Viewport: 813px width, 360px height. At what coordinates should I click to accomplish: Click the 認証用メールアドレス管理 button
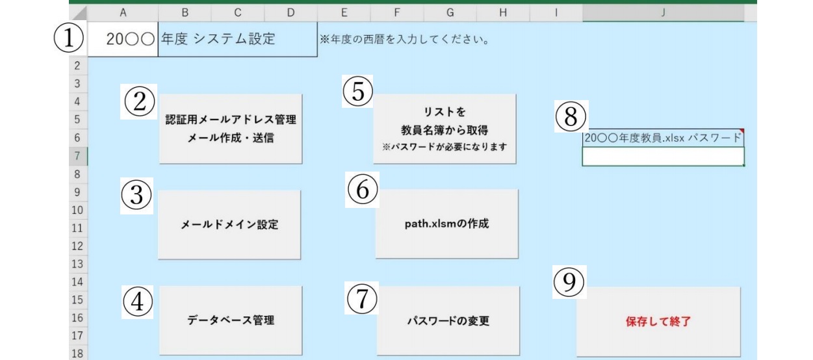point(230,128)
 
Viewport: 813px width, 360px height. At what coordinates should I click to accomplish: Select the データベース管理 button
point(230,320)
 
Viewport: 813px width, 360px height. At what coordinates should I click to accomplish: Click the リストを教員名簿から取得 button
point(445,129)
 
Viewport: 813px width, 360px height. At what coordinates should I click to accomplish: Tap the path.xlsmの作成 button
point(446,224)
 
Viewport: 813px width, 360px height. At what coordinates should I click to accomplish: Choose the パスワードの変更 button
point(448,320)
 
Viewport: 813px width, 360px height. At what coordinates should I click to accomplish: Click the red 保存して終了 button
point(658,322)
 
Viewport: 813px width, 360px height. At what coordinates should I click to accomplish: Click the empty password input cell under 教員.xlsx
point(662,157)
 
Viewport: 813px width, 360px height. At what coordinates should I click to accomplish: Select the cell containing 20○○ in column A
point(123,40)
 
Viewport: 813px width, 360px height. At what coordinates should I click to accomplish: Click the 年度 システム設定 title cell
point(237,40)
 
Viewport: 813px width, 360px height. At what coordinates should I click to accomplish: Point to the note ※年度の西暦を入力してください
point(403,40)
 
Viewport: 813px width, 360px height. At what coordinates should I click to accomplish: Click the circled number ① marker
point(69,40)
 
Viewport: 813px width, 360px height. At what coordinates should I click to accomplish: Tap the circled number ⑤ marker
point(358,93)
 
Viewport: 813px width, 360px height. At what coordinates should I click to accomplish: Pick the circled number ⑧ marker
point(570,116)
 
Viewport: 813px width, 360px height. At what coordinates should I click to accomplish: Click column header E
point(344,12)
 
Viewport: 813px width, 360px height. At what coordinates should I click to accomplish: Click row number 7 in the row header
point(77,157)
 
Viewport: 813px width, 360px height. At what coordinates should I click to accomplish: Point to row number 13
point(77,264)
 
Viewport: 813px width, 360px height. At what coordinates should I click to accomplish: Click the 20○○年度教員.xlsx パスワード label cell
point(662,138)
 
